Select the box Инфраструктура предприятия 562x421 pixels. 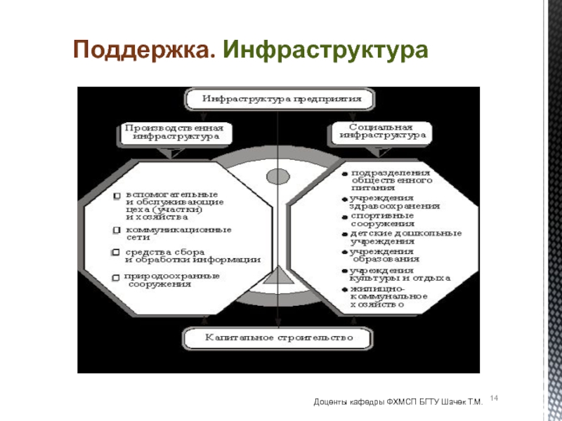(x=278, y=99)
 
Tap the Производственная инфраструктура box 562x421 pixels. (x=173, y=133)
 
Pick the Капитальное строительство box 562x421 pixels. (x=278, y=338)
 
